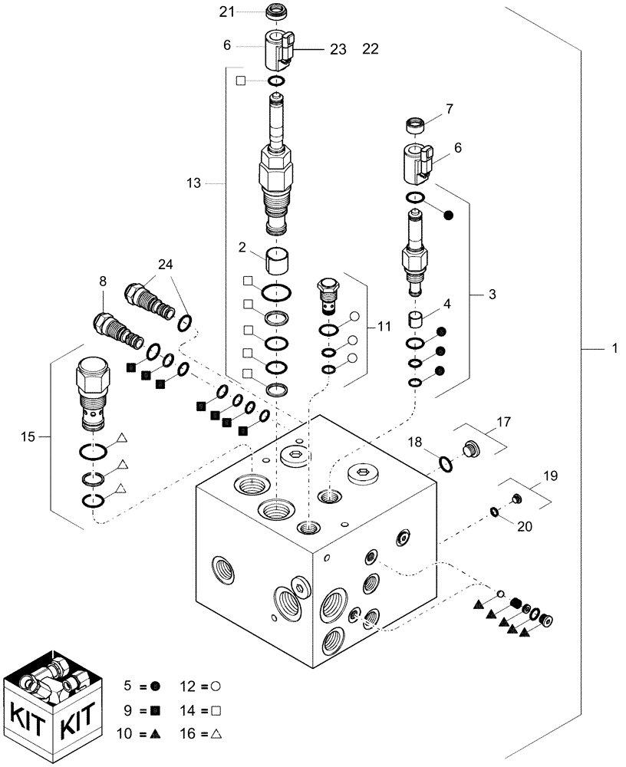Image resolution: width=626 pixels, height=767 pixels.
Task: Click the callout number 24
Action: tap(166, 265)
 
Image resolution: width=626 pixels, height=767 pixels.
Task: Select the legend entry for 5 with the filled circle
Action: tap(135, 684)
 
